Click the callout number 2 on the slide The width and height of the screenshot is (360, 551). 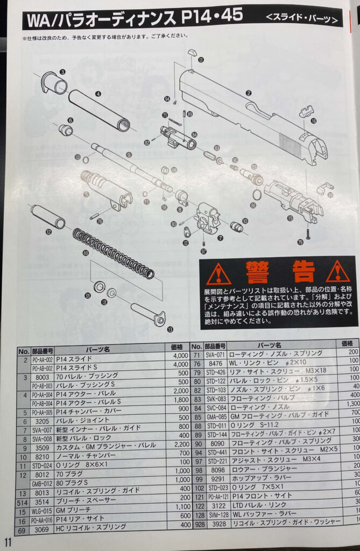click(x=248, y=93)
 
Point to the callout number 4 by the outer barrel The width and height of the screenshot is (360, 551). click(x=98, y=94)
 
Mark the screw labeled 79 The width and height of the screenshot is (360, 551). click(x=307, y=234)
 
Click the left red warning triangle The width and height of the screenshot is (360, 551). click(x=219, y=273)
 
